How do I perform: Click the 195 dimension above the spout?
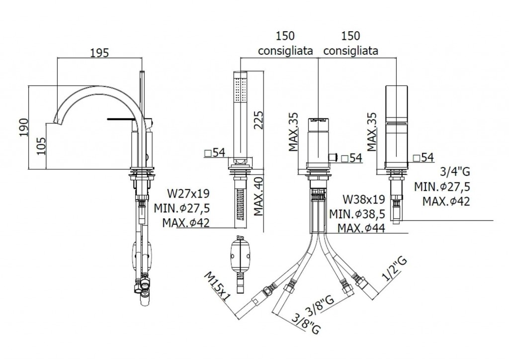[x=99, y=53]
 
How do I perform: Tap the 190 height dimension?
[x=23, y=127]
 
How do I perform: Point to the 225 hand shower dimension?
[x=258, y=120]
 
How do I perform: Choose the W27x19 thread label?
[x=188, y=193]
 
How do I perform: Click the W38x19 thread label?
[x=364, y=199]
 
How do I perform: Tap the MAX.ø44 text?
[x=361, y=228]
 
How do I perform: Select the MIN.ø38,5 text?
[x=357, y=214]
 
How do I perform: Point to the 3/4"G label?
[x=454, y=171]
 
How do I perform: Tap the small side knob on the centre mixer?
[x=333, y=158]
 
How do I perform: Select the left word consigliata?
[x=285, y=51]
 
